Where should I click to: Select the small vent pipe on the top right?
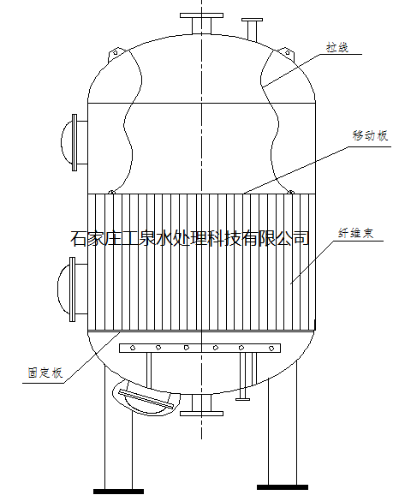click(x=252, y=29)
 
